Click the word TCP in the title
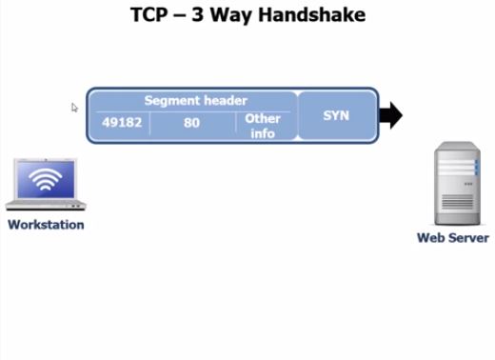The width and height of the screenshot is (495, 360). (150, 15)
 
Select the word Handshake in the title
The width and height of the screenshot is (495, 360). (321, 15)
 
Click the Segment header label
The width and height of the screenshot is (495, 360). (195, 100)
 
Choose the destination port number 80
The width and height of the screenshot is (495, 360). (191, 123)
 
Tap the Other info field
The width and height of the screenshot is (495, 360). (262, 126)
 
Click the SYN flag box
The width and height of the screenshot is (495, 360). (337, 115)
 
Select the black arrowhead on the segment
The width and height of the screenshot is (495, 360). (390, 116)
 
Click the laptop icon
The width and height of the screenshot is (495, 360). (46, 185)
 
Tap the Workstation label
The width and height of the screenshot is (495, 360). (46, 225)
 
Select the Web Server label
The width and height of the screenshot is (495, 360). (453, 238)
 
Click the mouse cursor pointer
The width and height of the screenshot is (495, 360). (74, 108)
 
